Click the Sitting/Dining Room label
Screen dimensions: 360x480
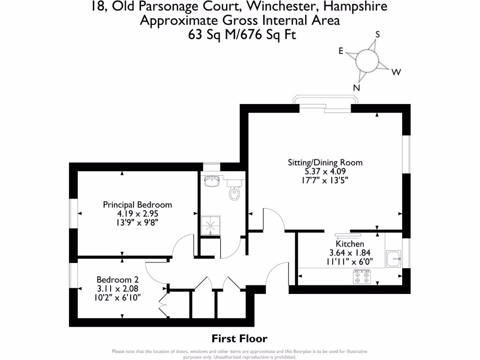325,163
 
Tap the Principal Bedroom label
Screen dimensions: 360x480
137,205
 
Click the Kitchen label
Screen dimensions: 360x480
350,244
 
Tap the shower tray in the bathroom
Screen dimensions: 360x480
210,225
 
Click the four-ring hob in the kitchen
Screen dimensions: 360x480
361,277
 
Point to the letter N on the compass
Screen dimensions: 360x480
356,88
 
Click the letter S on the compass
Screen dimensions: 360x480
377,34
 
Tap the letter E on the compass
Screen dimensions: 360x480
341,51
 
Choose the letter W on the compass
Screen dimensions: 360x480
396,72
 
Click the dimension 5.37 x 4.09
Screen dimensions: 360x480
325,172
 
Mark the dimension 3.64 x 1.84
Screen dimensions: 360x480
350,253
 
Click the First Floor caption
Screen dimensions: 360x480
240,338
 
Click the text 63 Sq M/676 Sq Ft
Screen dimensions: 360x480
240,34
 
